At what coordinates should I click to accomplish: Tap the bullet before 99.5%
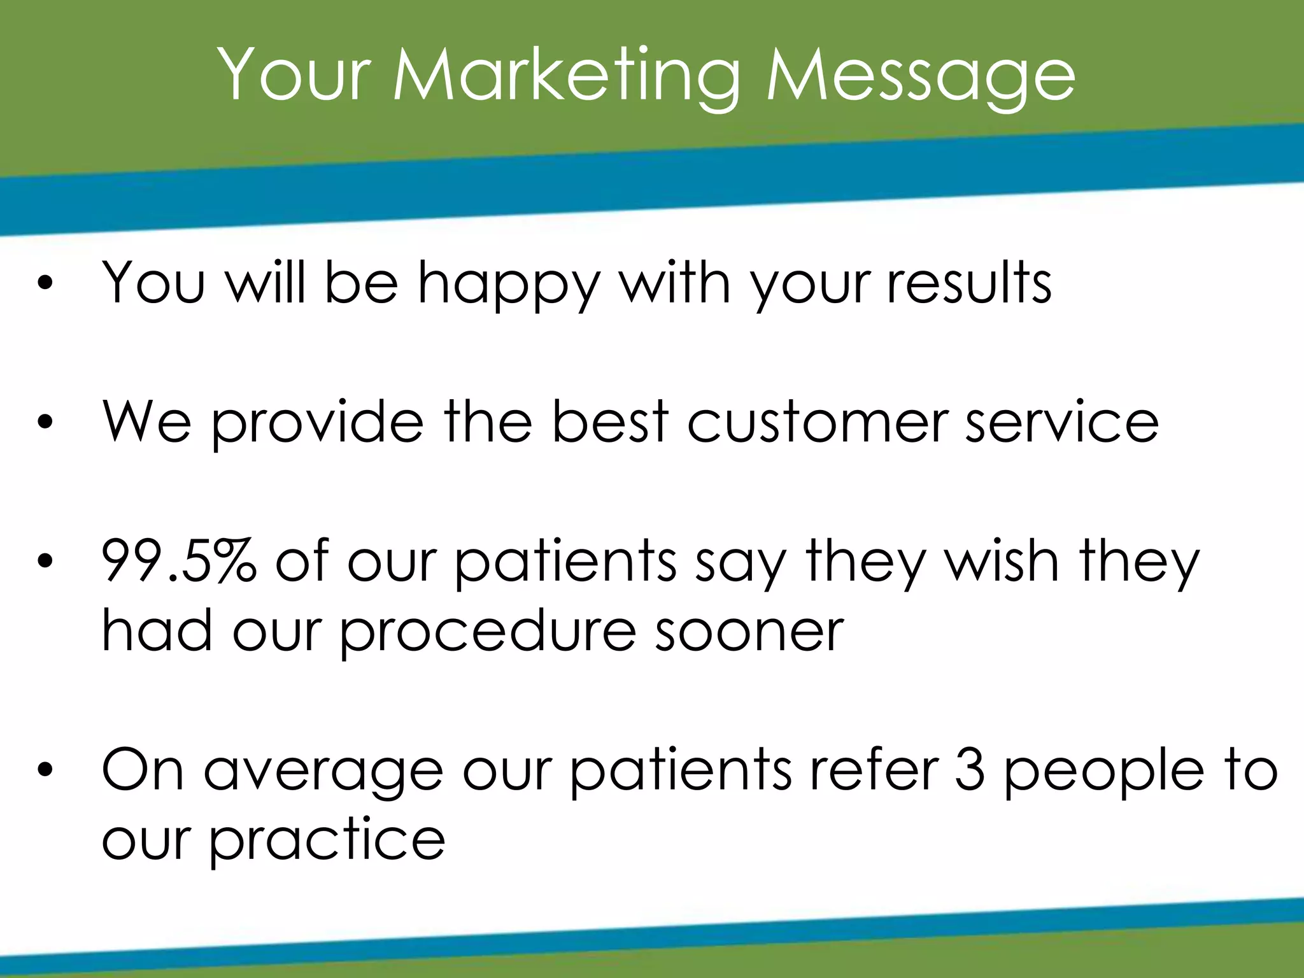[44, 561]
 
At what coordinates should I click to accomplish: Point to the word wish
[1000, 560]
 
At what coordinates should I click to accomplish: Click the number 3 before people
[970, 770]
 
